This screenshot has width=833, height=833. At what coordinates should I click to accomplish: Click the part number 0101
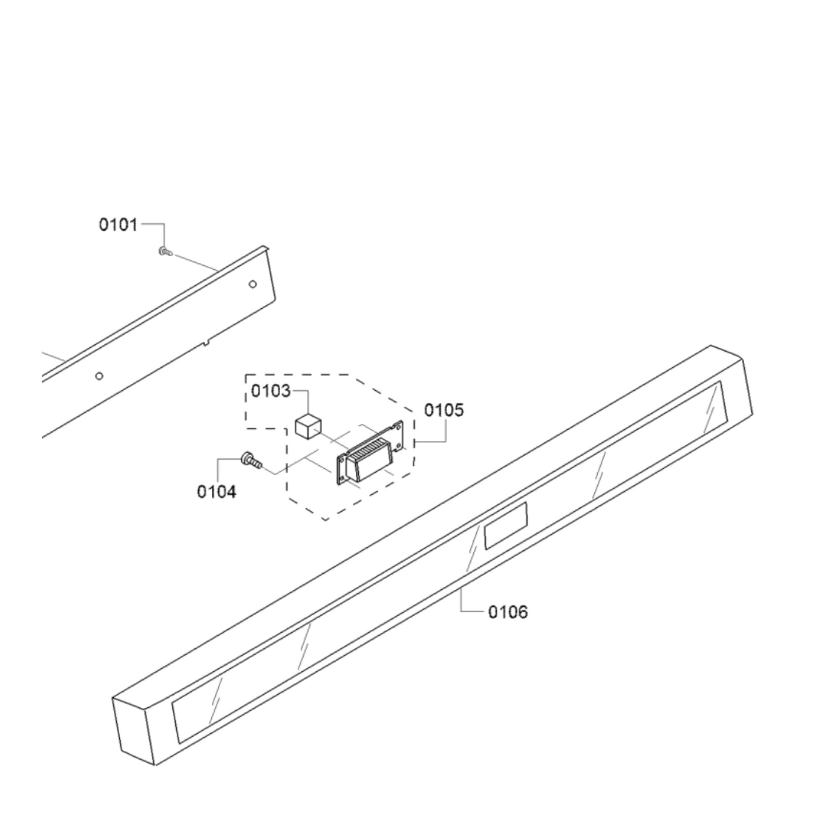(118, 225)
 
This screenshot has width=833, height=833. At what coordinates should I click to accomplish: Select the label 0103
(271, 391)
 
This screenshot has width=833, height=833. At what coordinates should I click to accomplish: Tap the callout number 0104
(216, 491)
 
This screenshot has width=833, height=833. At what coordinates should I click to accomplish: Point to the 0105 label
(444, 410)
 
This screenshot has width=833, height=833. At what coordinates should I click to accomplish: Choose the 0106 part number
(508, 612)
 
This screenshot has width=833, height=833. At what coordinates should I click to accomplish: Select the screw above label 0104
(251, 460)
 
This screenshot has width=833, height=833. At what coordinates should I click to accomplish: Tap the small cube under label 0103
(309, 426)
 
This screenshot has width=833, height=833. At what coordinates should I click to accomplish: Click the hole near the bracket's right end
(253, 284)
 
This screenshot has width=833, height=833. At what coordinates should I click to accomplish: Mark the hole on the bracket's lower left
(99, 376)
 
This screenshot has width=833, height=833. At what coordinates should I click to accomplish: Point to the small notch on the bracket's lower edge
(206, 342)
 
